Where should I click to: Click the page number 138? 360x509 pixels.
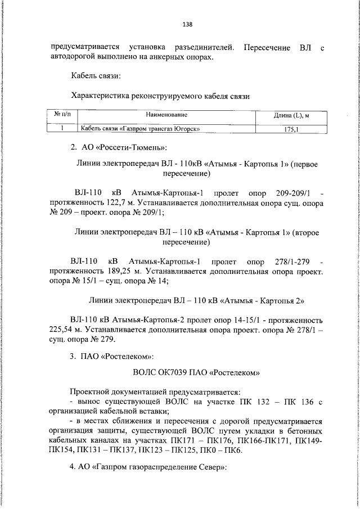point(188,24)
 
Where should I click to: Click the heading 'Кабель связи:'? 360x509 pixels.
point(96,76)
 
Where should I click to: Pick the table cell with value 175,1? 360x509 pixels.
point(292,129)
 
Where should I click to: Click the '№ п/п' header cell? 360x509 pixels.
point(62,114)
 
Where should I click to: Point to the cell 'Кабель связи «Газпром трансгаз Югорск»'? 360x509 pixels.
point(141,129)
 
